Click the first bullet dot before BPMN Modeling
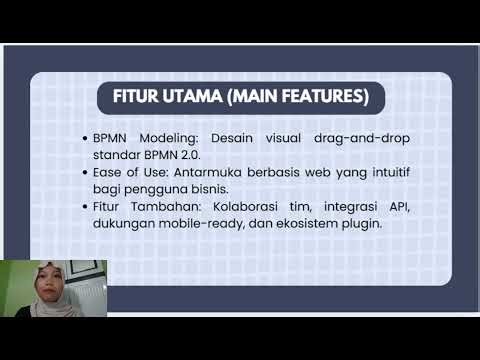[x=85, y=136]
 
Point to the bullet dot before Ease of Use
[x=85, y=172]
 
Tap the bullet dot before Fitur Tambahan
[x=85, y=207]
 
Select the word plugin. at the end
[x=357, y=225]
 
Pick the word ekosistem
[x=302, y=225]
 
